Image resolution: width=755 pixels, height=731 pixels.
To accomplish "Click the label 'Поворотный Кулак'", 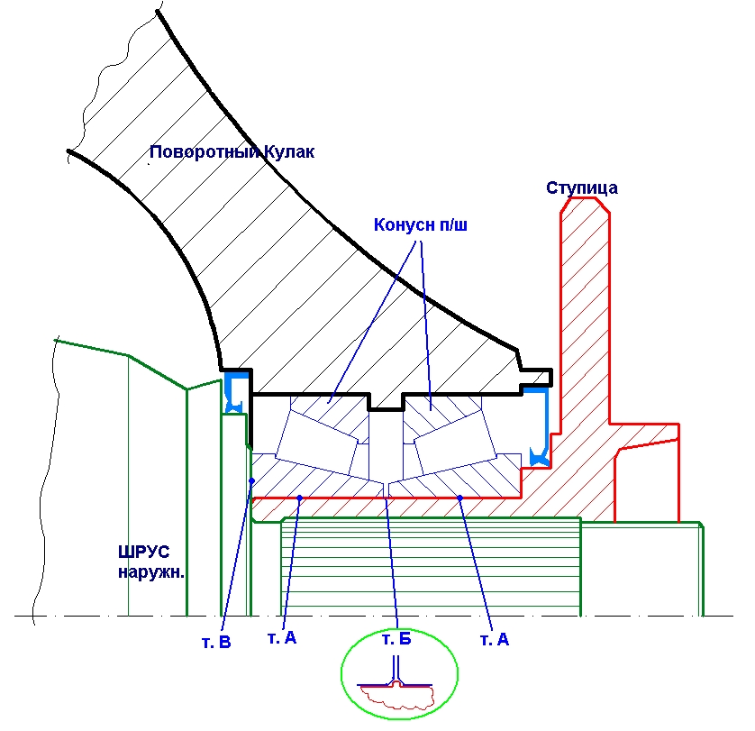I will click(232, 152).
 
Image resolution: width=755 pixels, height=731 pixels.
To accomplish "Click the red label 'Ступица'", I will click(582, 187).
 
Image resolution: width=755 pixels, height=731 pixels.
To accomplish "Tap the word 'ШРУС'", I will click(143, 552).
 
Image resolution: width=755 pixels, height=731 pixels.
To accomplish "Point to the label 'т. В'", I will click(216, 643).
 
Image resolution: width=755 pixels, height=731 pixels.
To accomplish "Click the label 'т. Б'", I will click(396, 639).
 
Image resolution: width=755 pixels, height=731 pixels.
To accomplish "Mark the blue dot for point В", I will click(251, 480).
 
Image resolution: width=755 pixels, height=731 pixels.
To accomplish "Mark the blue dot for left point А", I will click(300, 498).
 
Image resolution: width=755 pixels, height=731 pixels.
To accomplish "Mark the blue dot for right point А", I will click(459, 498).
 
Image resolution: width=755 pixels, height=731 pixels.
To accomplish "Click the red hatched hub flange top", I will click(585, 270).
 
